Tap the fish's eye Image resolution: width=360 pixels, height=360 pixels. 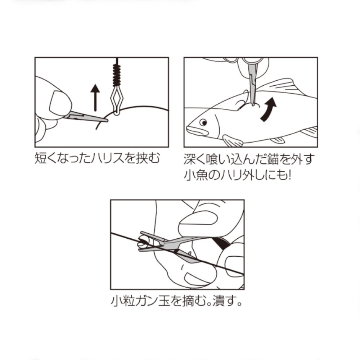click(x=203, y=123)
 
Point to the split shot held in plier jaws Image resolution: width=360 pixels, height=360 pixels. click(x=143, y=243)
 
